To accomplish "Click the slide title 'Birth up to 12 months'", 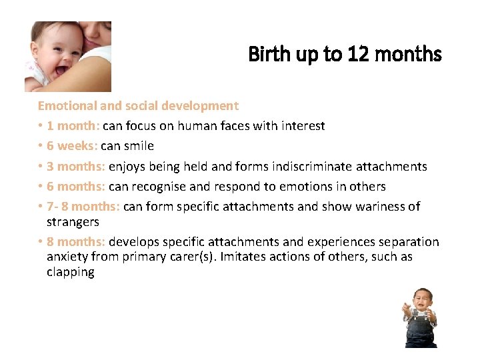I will (345, 54).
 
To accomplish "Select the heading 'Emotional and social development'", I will (138, 105).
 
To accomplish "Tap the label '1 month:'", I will (73, 125).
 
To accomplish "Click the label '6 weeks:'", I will (72, 145).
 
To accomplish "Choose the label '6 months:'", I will (76, 186).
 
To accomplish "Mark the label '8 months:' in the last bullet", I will (76, 241).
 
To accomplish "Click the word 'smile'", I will (139, 145).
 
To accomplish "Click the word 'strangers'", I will (73, 221).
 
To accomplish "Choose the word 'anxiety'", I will (68, 257).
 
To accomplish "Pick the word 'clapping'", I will (70, 272).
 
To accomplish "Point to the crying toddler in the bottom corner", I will (420, 317).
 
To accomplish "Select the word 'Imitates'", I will (248, 257).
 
